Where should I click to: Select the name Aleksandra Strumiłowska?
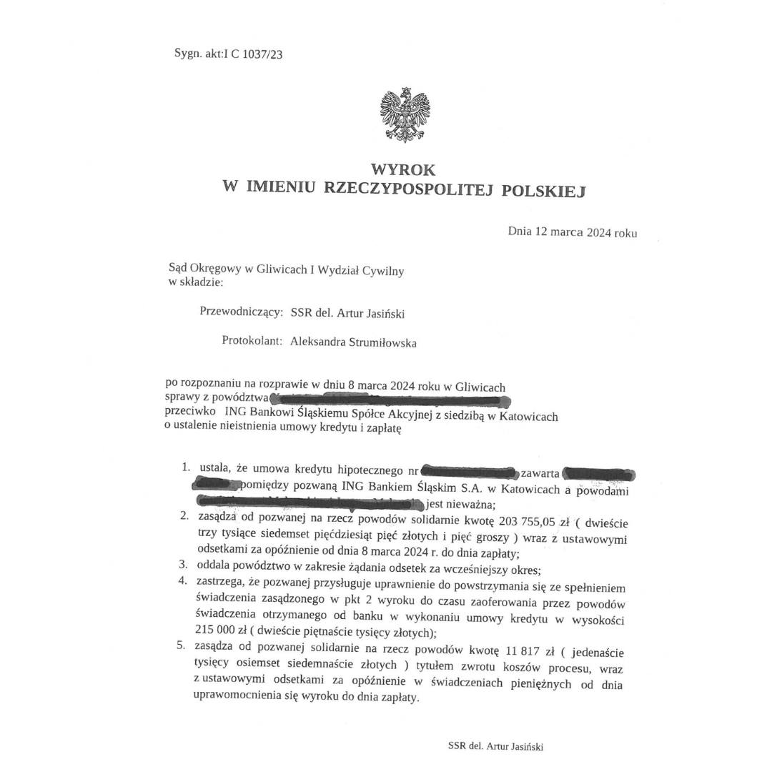353,342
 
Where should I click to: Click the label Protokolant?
252,342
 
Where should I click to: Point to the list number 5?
182,645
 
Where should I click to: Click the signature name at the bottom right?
495,746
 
